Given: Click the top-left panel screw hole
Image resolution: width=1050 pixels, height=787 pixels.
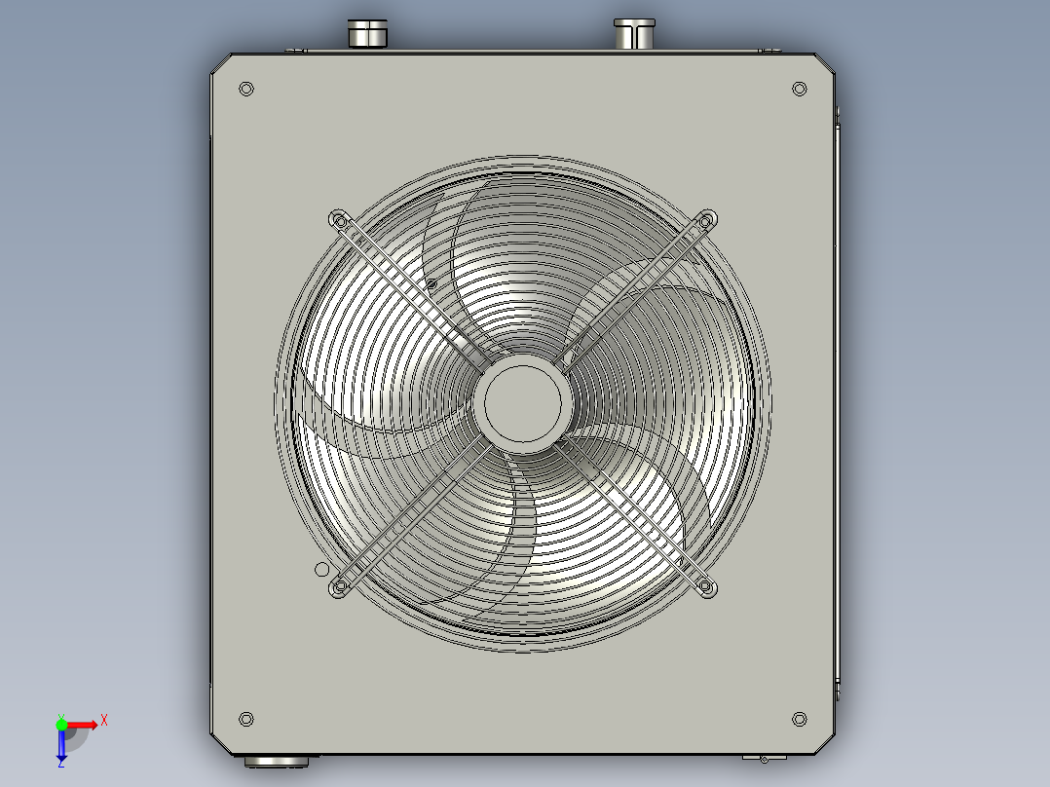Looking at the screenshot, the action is pyautogui.click(x=246, y=89).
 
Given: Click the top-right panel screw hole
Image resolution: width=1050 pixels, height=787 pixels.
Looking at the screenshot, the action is pyautogui.click(x=800, y=89).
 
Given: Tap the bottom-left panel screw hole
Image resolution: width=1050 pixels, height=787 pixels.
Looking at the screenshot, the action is pyautogui.click(x=246, y=720).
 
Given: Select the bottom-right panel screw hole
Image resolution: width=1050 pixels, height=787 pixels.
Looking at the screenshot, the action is pyautogui.click(x=800, y=720).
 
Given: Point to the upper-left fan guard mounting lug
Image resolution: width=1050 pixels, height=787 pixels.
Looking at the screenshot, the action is pyautogui.click(x=340, y=220).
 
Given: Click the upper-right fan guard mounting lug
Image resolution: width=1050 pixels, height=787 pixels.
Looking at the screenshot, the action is pyautogui.click(x=706, y=220).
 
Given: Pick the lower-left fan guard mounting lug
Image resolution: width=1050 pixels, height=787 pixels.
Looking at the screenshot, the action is pyautogui.click(x=340, y=588).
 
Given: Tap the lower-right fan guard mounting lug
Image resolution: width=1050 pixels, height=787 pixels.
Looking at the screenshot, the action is pyautogui.click(x=706, y=588).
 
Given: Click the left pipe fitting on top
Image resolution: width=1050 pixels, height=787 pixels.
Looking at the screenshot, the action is pyautogui.click(x=367, y=33).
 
